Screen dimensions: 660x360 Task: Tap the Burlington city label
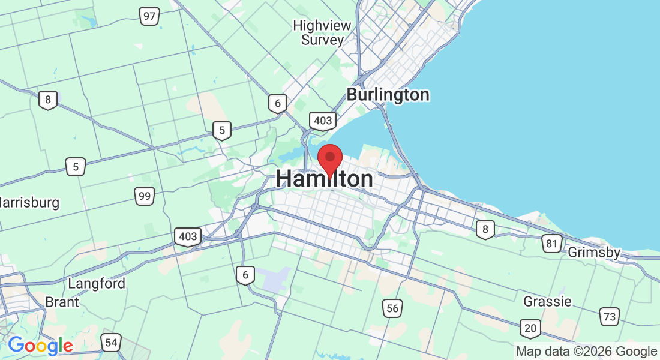click(388, 95)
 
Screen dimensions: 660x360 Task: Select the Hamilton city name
click(325, 179)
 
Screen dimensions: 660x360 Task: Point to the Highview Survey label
click(322, 33)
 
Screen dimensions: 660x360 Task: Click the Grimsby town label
click(593, 253)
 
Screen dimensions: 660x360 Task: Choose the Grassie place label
click(547, 301)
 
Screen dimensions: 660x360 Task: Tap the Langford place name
click(97, 283)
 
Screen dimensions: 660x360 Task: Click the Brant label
click(62, 302)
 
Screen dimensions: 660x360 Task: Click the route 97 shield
click(149, 16)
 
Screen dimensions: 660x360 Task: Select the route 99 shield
click(145, 196)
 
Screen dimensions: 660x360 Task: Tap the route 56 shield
click(392, 308)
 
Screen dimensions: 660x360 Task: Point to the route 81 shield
click(551, 243)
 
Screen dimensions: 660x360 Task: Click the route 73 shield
click(610, 317)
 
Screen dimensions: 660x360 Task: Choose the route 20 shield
click(530, 328)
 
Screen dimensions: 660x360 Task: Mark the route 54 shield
click(110, 343)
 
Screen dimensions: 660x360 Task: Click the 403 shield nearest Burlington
click(322, 121)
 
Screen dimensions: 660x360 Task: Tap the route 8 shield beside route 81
click(485, 229)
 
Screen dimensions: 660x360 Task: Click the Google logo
click(40, 346)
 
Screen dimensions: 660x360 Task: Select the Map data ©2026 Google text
click(587, 352)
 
